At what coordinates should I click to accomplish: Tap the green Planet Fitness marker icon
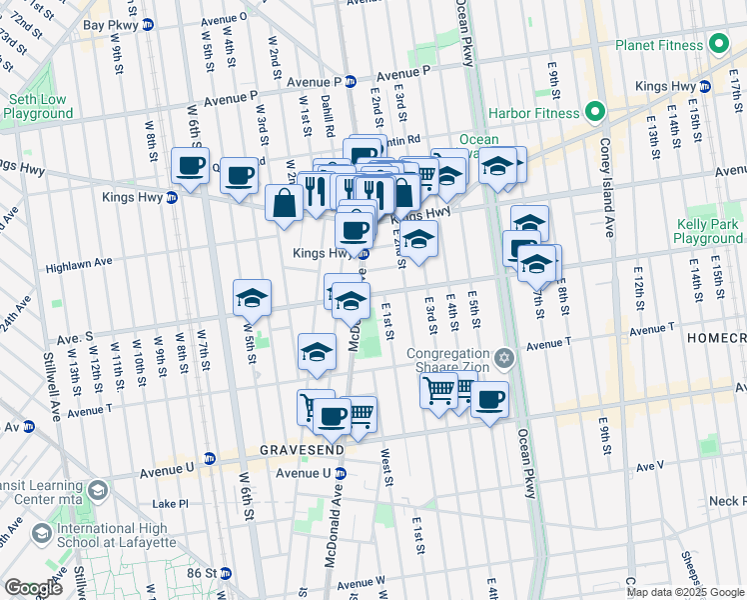718,44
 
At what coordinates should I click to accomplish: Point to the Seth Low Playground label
37,107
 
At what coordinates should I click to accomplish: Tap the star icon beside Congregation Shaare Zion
504,357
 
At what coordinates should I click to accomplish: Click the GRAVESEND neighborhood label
303,451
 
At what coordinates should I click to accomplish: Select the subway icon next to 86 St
226,573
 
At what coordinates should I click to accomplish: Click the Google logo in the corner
33,588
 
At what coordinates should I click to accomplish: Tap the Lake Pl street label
170,504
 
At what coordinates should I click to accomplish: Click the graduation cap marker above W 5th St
252,297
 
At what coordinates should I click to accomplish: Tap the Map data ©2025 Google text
684,592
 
